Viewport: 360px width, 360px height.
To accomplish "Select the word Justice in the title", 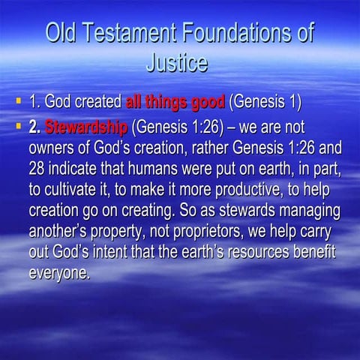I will pyautogui.click(x=177, y=63).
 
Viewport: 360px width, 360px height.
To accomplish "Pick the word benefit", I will pyautogui.click(x=315, y=249).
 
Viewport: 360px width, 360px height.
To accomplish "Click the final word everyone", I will pyautogui.click(x=58, y=270).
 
